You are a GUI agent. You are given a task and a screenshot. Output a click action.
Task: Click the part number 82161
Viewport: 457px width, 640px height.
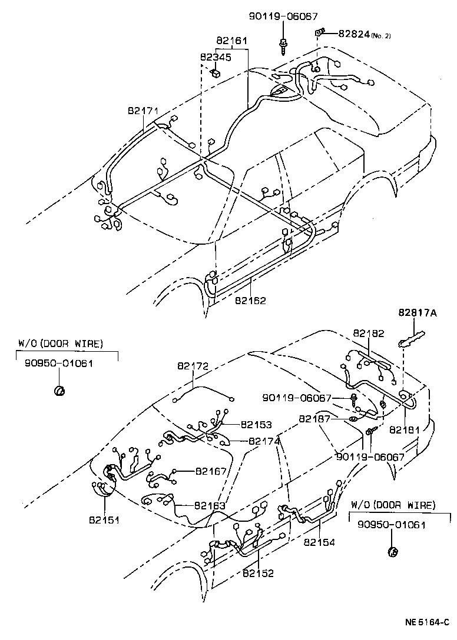point(231,41)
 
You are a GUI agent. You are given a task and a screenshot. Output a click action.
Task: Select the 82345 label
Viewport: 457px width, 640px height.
point(216,57)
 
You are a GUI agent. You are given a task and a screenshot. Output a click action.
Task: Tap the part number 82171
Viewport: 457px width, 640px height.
point(144,111)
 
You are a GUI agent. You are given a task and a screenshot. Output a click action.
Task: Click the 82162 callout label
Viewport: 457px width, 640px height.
point(250,301)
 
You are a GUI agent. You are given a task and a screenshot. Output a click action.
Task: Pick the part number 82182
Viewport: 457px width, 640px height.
point(369,333)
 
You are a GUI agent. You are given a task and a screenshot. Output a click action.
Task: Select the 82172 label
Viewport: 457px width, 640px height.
point(193,366)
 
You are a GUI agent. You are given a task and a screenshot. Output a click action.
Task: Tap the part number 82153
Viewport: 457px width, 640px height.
point(256,424)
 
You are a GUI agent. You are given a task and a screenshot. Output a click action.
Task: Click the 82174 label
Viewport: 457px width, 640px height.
point(264,441)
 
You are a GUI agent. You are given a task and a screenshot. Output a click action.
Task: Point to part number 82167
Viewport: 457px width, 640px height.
point(211,471)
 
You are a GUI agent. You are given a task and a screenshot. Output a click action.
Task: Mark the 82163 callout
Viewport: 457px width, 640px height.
point(210,505)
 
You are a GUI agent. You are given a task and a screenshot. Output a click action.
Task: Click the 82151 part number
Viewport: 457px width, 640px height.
point(105,520)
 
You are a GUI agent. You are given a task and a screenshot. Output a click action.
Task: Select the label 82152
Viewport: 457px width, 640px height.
point(257,572)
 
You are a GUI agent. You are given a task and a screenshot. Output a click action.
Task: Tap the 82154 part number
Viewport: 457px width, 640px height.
point(319,542)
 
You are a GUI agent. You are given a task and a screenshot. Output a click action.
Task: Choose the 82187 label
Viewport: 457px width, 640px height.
point(314,418)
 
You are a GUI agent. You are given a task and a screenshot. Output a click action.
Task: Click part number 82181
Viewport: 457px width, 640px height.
point(405,429)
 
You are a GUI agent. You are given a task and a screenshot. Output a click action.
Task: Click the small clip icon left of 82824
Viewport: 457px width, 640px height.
point(319,32)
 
